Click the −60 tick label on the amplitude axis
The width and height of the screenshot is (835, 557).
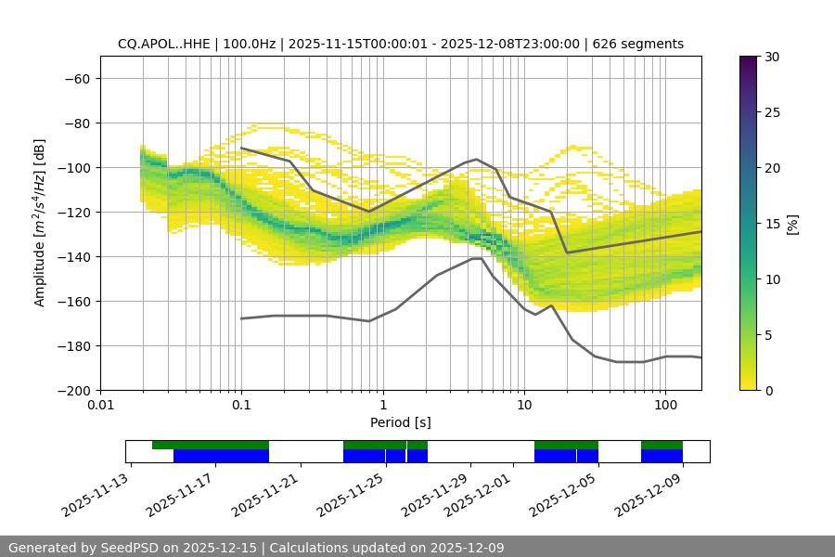[x=76, y=78]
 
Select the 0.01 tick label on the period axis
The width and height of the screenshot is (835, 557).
[x=100, y=406]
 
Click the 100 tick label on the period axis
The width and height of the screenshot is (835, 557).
[x=665, y=406]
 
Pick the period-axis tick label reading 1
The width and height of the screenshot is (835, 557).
[x=382, y=406]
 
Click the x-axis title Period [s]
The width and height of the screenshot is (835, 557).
[x=400, y=422]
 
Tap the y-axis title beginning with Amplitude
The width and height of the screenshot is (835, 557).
[x=40, y=223]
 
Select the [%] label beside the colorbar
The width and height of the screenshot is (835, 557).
[x=792, y=224]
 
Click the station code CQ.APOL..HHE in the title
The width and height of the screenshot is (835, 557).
[x=164, y=44]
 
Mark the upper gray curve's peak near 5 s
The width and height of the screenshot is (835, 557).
[x=477, y=159]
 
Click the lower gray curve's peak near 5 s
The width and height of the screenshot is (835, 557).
[x=477, y=258]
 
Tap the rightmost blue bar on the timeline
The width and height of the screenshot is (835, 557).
[x=662, y=456]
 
